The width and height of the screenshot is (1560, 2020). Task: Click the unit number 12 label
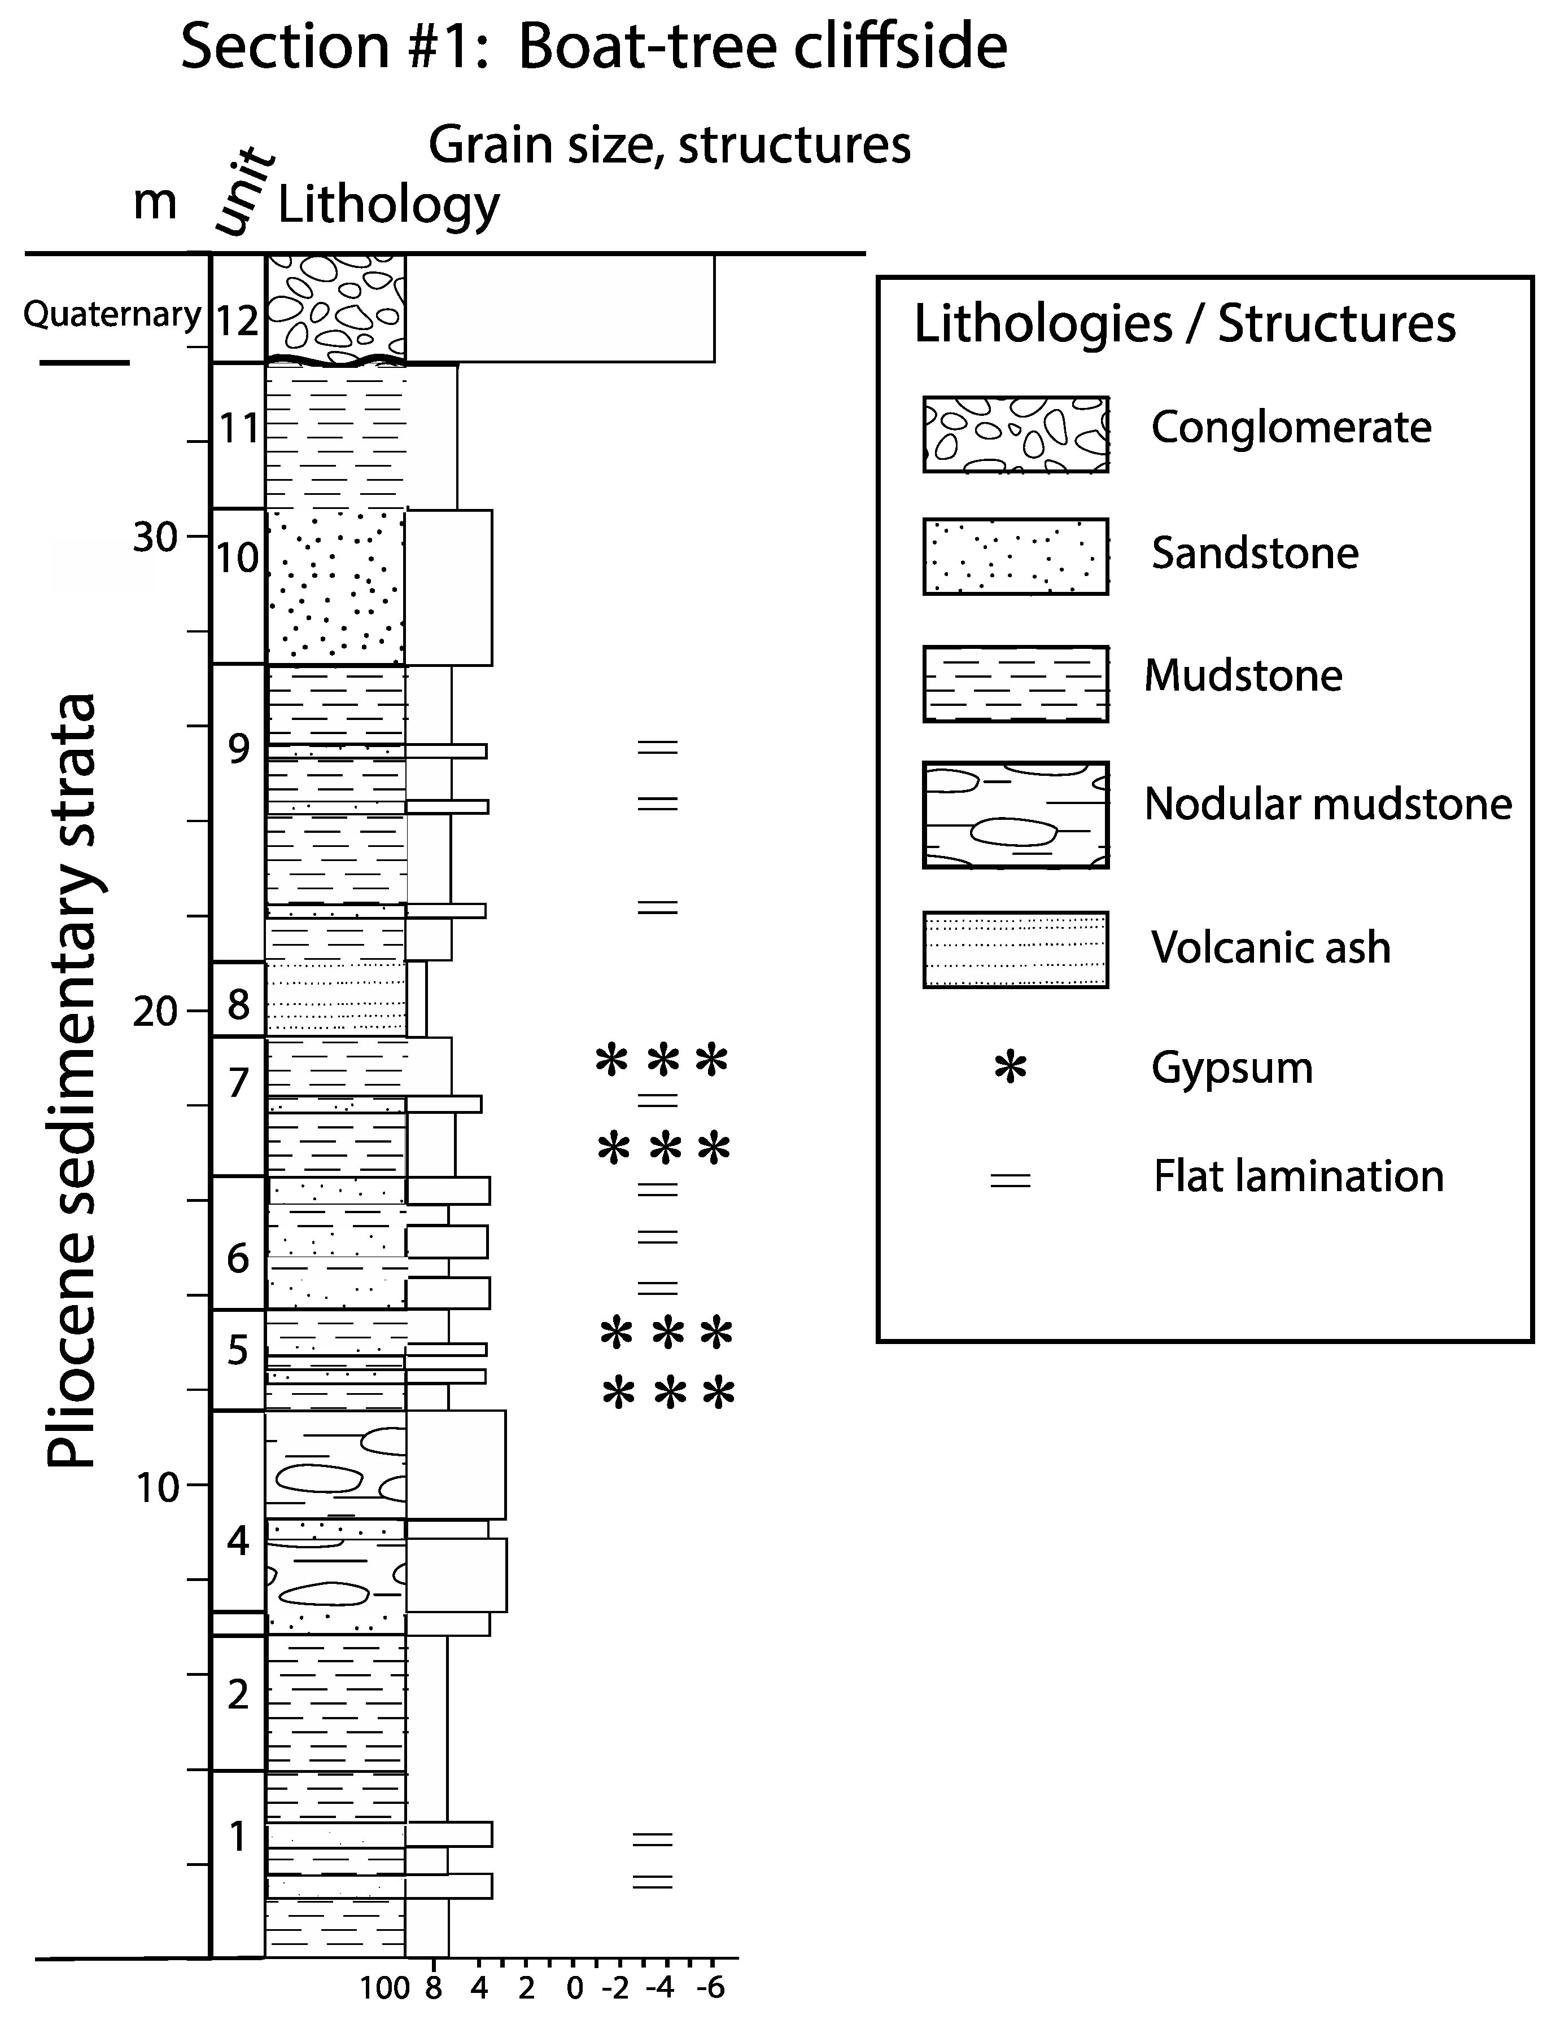[238, 322]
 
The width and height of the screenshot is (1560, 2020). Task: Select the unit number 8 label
[239, 1004]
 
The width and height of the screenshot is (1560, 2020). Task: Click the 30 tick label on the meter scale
[155, 537]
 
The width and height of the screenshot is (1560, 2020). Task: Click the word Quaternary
[112, 314]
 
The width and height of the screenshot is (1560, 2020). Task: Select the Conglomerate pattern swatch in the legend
[1015, 434]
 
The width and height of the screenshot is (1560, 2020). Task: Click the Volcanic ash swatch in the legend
[1015, 950]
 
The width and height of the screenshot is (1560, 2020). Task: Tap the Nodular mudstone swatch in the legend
[1015, 815]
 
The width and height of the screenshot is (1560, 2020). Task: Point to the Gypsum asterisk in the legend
[1011, 1068]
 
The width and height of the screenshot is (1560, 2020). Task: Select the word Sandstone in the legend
[1254, 553]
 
